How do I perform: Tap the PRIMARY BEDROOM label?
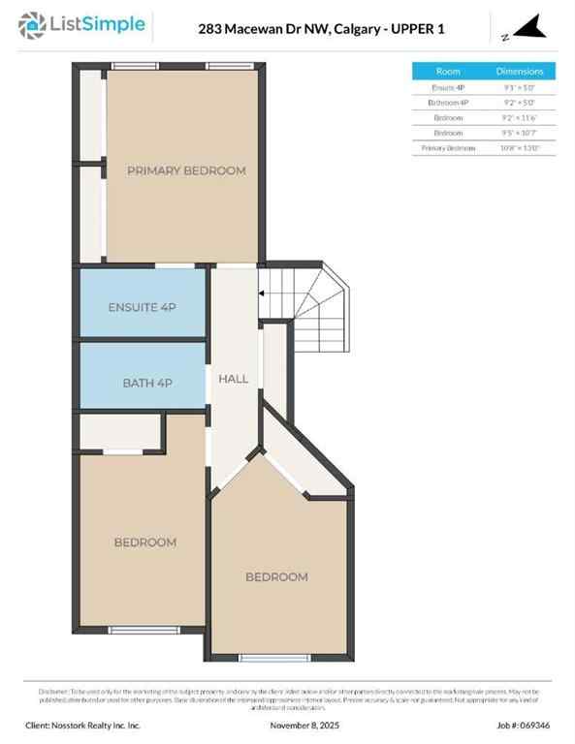point(186,170)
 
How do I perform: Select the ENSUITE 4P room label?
point(142,307)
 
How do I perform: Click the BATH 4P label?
point(147,383)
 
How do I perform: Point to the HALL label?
point(234,379)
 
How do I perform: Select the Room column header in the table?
point(448,72)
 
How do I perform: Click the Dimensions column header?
point(520,72)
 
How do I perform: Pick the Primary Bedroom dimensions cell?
point(520,147)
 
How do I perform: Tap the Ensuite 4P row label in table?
point(448,87)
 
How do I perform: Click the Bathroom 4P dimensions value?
point(520,102)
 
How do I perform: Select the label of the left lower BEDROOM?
point(145,542)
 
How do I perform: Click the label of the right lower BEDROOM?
point(276,577)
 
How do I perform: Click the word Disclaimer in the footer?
point(54,691)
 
